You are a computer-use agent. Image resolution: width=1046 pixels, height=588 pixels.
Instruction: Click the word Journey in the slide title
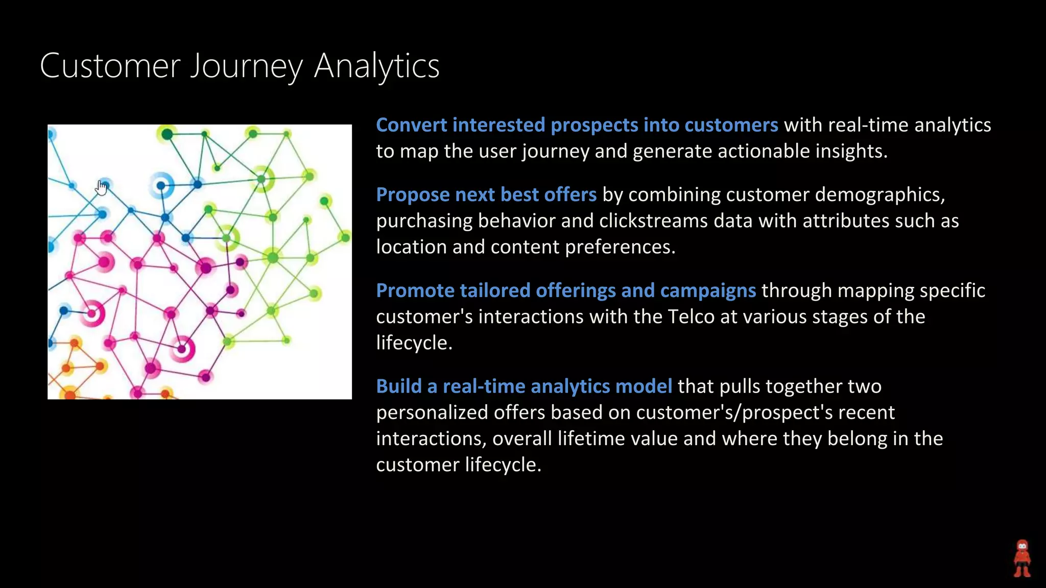pyautogui.click(x=247, y=66)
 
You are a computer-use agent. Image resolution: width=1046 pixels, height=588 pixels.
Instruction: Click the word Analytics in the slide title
pyautogui.click(x=376, y=66)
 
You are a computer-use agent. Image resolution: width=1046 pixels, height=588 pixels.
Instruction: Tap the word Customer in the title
pyautogui.click(x=110, y=66)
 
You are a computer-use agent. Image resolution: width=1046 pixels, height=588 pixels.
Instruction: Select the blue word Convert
pyautogui.click(x=411, y=125)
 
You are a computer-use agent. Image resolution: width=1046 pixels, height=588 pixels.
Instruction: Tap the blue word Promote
pyautogui.click(x=415, y=290)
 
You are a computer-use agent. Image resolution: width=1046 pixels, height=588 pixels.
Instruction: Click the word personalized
pyautogui.click(x=432, y=412)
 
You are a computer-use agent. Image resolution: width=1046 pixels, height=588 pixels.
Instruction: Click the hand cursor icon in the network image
pyautogui.click(x=102, y=188)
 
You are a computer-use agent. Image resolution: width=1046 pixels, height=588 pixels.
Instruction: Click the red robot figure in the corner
pyautogui.click(x=1022, y=558)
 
